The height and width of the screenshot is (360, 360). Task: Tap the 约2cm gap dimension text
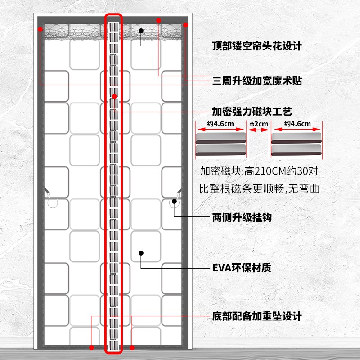[x=258, y=124]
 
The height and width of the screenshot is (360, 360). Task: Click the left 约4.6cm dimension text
[x=220, y=124]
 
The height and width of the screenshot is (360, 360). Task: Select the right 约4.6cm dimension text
[x=297, y=124]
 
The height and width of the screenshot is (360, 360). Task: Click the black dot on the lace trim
[x=141, y=30]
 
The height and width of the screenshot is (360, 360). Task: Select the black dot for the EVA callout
[x=141, y=253]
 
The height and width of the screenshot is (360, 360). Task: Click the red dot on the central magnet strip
[x=115, y=96]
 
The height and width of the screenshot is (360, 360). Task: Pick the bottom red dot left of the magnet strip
[x=92, y=347]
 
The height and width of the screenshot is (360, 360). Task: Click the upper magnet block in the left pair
[x=220, y=137]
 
